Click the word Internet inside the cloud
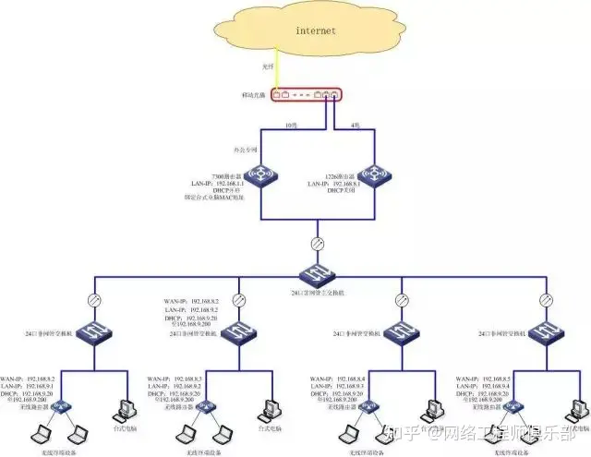[316, 31]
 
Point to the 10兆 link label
[290, 125]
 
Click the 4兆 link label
[356, 125]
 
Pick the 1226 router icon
[379, 175]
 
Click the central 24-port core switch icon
[316, 273]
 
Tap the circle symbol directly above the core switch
[316, 245]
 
